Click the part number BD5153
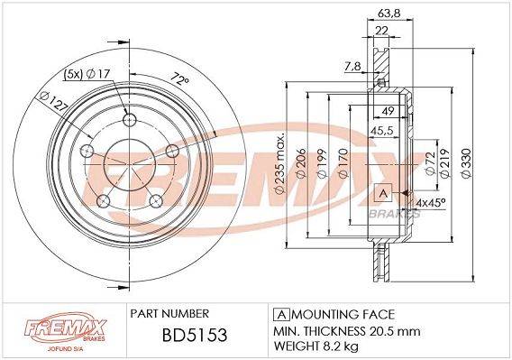195,335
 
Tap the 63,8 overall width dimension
389,14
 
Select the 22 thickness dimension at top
381,31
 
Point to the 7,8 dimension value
352,67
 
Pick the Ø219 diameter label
445,163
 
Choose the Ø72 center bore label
430,163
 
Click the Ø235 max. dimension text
279,163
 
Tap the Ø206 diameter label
301,162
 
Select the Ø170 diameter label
343,162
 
